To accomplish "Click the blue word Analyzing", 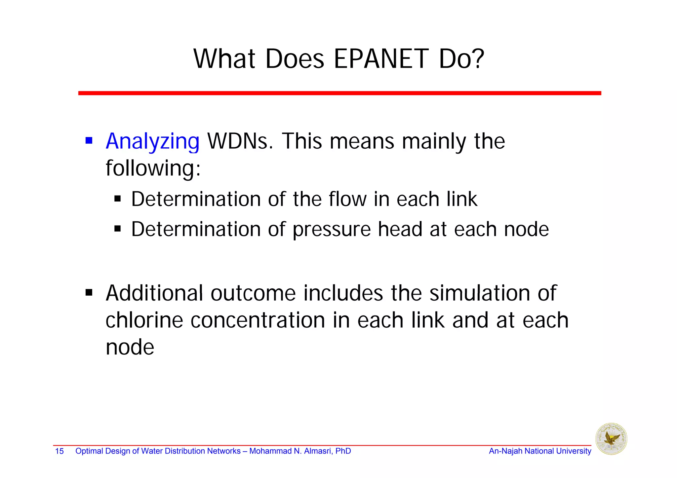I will (x=152, y=141).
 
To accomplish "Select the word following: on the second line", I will (x=153, y=168).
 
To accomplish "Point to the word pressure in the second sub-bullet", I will (x=332, y=229).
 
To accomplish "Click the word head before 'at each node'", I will (x=400, y=229).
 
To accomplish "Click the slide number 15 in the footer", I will (x=59, y=451).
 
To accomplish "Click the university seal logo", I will (x=611, y=439).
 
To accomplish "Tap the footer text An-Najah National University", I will (x=540, y=451).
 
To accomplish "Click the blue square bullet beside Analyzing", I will (x=89, y=141).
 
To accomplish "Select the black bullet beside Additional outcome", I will (x=89, y=293).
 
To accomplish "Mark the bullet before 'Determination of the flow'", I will (x=118, y=199).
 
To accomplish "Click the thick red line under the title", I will (x=339, y=93).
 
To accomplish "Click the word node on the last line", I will (x=130, y=348).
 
